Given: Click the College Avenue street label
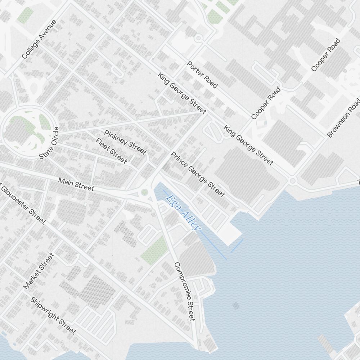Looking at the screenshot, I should coord(39,40).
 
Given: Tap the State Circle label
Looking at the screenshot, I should coord(49,143).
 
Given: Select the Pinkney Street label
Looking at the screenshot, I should coord(125,142).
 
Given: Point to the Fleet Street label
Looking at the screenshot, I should coord(111,150).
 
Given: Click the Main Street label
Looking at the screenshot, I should coord(76,184).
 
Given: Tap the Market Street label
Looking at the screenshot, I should coord(39,271).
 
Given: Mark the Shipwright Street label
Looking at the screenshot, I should coord(53,315).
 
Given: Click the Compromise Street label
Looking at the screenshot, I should coord(184,291).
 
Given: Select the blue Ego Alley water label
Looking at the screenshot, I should coord(183,212).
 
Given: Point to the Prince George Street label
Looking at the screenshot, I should coord(198,175).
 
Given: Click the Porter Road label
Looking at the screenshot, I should coord(202,75).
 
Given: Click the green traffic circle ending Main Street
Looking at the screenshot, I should coord(145,192).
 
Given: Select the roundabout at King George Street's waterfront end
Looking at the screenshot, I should coord(293,180).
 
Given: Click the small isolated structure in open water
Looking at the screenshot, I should coord(236,306).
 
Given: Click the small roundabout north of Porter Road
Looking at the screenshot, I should coord(198,38).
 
